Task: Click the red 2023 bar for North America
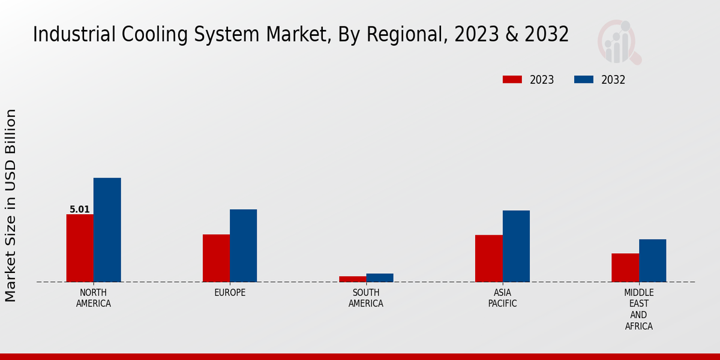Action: point(80,248)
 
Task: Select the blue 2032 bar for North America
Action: point(107,230)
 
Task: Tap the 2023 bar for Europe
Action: point(216,258)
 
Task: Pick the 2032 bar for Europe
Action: point(243,245)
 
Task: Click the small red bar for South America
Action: point(352,279)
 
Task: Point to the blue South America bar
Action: point(380,278)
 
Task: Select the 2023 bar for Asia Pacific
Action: point(488,258)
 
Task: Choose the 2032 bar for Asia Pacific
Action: point(516,246)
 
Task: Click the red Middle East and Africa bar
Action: point(625,268)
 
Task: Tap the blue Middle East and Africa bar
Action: point(652,260)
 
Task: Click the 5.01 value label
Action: point(80,209)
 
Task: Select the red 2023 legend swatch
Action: point(512,80)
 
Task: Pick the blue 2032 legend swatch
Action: point(584,80)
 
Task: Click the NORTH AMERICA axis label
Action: point(94,298)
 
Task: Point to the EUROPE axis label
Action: point(230,293)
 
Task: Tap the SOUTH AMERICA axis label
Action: point(366,298)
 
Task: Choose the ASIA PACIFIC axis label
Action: point(502,298)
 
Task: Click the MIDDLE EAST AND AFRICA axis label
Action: point(638,310)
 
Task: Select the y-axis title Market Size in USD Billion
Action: point(11,205)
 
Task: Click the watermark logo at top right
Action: point(619,42)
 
